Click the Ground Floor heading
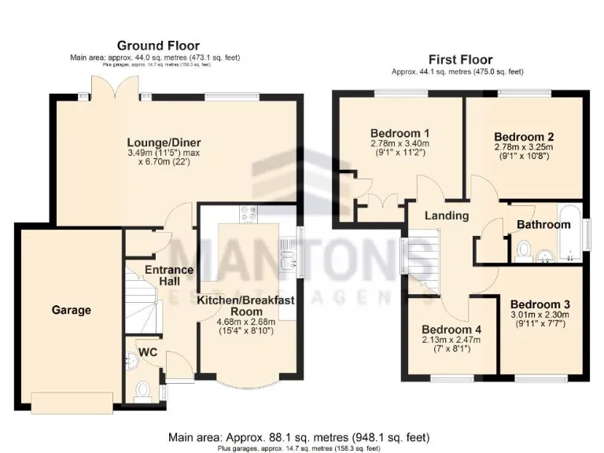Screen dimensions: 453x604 (x=158, y=46)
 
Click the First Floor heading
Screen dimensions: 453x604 (x=460, y=59)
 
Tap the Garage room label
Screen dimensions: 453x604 (x=72, y=310)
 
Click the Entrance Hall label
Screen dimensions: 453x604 (x=168, y=275)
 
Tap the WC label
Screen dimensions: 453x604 (x=148, y=352)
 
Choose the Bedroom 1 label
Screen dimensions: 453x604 (x=400, y=132)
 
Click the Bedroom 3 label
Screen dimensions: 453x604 (x=540, y=304)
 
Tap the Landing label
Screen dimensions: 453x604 (x=447, y=215)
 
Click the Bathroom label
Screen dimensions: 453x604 (x=543, y=225)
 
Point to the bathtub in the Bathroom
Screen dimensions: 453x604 (x=569, y=233)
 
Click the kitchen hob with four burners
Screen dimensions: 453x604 (x=249, y=213)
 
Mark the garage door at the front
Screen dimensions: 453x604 (x=72, y=402)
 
